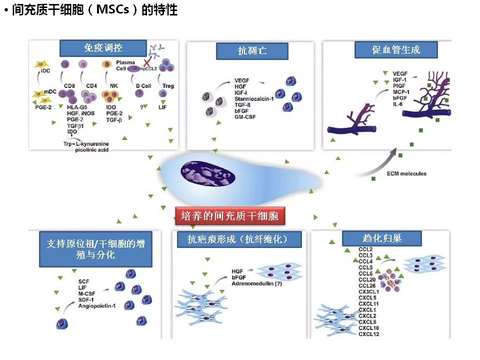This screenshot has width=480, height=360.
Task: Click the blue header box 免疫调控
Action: point(103,48)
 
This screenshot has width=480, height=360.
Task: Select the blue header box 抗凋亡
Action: point(252,51)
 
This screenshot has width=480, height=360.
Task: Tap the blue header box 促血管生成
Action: point(396,49)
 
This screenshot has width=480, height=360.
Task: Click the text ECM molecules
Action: point(406,174)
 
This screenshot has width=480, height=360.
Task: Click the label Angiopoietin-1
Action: point(97,305)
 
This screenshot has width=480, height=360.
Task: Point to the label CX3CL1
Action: point(368,291)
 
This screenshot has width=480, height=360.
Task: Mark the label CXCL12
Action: point(369,333)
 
